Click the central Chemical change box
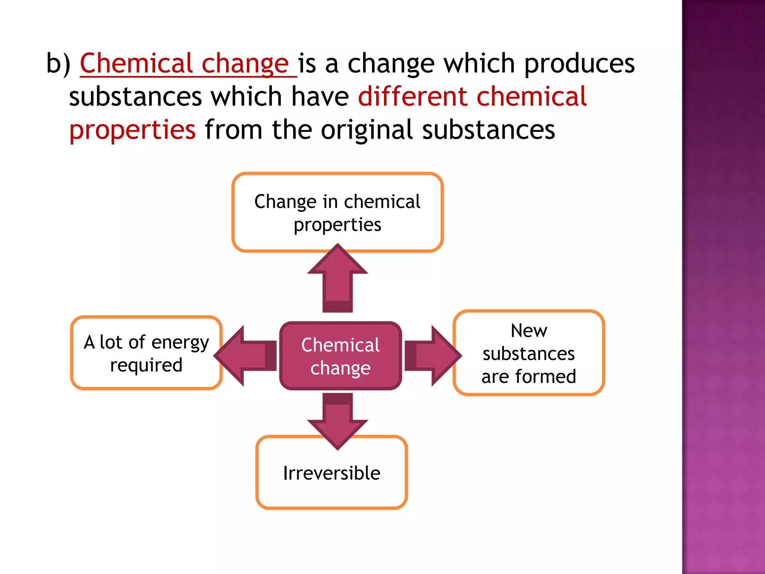click(340, 356)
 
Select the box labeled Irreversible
click(331, 473)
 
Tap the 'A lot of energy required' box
click(146, 353)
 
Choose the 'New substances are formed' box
click(529, 353)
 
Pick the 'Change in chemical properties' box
click(337, 212)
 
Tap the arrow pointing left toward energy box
click(247, 356)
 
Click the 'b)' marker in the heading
click(58, 64)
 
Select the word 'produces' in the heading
click(579, 64)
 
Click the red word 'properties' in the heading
click(133, 130)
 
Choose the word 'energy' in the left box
click(180, 342)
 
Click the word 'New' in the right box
click(529, 331)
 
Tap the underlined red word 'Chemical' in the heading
click(136, 64)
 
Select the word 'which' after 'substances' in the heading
click(246, 96)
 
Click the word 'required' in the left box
click(146, 365)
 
